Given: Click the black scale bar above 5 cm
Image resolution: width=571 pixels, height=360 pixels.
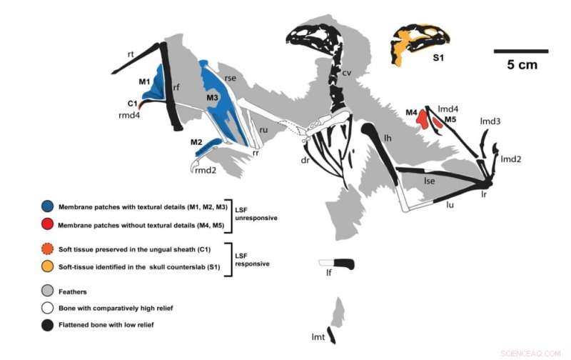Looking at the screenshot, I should pos(520,51).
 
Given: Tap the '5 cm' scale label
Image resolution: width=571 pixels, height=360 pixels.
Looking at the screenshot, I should pos(522,65).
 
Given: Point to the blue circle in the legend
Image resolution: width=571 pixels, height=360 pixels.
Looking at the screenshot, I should pos(47,205).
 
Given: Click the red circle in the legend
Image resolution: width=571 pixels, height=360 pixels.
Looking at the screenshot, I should pos(47,226).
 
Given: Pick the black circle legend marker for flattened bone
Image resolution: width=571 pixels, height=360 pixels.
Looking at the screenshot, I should pos(47,324).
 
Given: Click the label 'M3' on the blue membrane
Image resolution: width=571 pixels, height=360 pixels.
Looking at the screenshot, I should pos(212,96).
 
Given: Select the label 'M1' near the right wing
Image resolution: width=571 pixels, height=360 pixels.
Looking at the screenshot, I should pos(143,81).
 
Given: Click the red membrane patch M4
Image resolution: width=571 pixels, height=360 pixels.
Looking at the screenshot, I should pos(423,117).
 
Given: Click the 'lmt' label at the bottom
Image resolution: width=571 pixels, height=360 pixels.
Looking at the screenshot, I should pos(319,336).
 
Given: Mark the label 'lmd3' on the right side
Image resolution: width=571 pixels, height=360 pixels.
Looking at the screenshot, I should pos(490,121).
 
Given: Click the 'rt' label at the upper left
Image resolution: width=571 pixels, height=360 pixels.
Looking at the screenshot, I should pos(131,54).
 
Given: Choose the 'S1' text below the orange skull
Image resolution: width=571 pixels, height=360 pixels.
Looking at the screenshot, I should pos(439,61).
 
